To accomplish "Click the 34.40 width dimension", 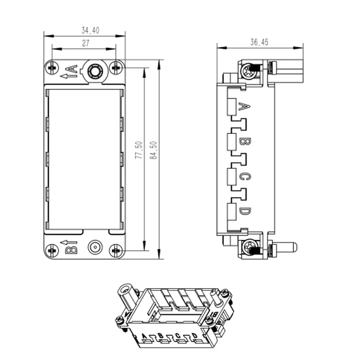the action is (x=90, y=31).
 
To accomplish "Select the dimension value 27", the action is (x=86, y=43).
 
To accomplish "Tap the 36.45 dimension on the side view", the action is (x=259, y=42).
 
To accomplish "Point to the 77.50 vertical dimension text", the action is (x=139, y=150).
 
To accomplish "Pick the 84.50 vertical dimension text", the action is (x=153, y=150).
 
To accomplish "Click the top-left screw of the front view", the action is (x=52, y=68).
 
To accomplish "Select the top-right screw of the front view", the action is (x=116, y=68).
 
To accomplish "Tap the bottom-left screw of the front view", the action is (x=52, y=251).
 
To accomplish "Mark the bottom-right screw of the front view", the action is (x=116, y=251).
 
